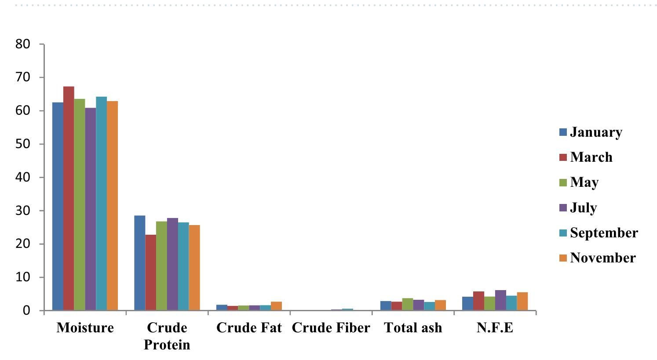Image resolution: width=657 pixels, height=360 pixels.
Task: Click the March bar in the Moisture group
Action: pos(69,198)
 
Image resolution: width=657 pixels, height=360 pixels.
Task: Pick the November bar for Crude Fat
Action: pos(276,306)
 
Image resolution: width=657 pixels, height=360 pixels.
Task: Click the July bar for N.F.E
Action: pos(500,300)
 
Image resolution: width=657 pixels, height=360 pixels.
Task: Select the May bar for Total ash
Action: pos(407,304)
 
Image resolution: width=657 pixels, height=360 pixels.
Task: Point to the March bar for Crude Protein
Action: pos(150,273)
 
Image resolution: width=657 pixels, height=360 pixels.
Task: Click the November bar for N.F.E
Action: pos(522,302)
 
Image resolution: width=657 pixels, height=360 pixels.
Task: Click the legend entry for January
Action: pos(596,132)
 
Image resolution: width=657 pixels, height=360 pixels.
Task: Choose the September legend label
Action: pos(603,233)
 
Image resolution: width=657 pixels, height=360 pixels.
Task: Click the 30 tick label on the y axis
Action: pos(24,211)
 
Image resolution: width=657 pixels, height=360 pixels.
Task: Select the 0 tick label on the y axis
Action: pos(27,311)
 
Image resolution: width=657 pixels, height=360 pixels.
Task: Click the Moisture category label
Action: pos(85,328)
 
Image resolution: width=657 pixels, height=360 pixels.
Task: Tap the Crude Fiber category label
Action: pos(331,328)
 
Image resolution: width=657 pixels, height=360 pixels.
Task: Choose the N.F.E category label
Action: pos(495,328)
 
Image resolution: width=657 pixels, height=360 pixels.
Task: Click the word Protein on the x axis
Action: pos(167,345)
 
